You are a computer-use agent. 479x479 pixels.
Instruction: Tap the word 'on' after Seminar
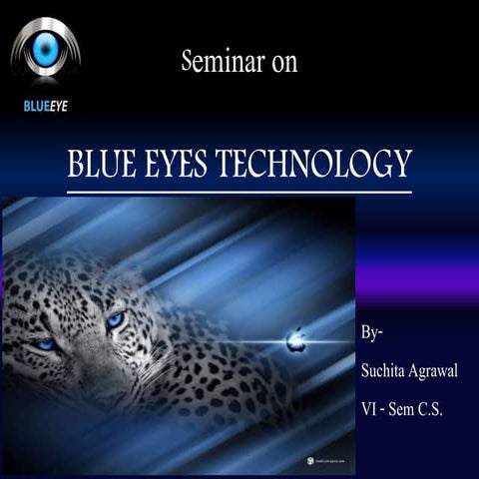click(283, 62)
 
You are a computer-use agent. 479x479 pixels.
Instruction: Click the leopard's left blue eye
click(44, 343)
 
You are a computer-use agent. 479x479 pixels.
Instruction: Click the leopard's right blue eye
click(116, 319)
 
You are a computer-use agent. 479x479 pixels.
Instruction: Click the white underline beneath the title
click(239, 190)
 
